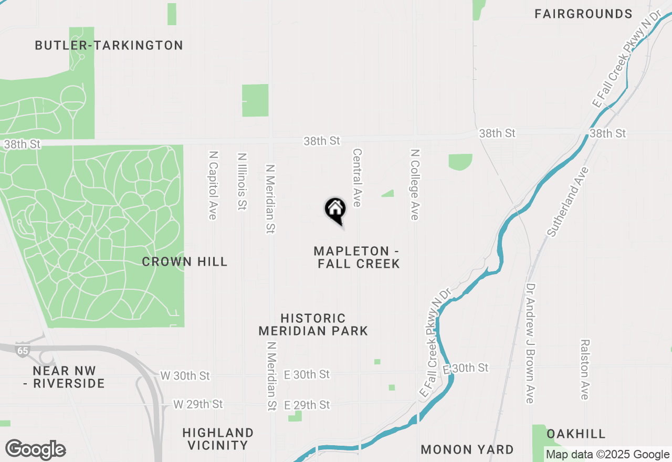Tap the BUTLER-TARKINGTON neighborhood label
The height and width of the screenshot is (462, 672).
tap(109, 46)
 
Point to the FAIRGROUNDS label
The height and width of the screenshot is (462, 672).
tap(583, 14)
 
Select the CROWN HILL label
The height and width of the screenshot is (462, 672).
tap(185, 261)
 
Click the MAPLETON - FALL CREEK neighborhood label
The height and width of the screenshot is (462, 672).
tap(359, 257)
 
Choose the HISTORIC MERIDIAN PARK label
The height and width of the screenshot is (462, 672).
tap(313, 324)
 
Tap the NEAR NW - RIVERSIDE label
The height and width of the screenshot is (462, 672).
tap(64, 377)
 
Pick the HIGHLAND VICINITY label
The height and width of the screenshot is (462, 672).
tap(218, 439)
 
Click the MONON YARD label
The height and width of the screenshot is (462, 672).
tap(467, 449)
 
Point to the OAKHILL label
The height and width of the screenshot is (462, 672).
tap(576, 434)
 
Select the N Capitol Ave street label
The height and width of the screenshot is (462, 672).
tap(213, 186)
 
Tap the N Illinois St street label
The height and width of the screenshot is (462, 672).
tap(242, 182)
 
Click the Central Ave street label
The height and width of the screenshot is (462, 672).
tap(357, 177)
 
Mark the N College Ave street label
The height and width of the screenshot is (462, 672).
tap(415, 184)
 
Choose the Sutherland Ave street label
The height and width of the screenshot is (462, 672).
tap(568, 202)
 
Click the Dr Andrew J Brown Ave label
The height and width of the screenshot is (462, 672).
tap(530, 344)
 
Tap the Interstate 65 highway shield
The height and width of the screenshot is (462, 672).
tap(22, 351)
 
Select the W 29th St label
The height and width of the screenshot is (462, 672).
tap(198, 404)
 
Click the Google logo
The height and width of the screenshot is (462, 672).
tap(35, 450)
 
